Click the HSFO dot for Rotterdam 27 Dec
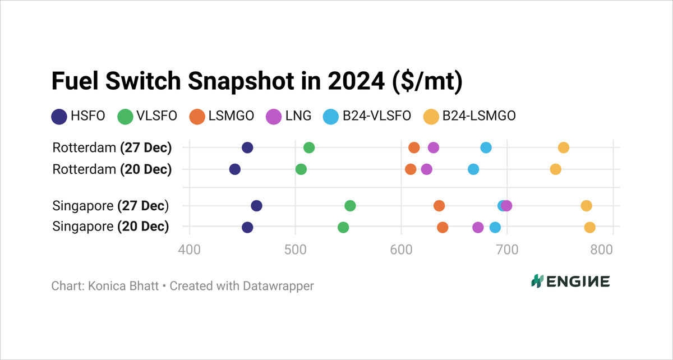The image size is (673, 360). click(x=247, y=147)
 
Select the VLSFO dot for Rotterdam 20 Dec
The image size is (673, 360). click(x=301, y=169)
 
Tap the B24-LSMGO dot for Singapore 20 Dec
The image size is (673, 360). click(x=589, y=227)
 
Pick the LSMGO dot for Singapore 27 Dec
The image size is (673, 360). click(x=439, y=206)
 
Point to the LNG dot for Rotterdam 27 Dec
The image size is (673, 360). click(x=433, y=147)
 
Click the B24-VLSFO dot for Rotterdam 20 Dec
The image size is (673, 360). click(x=473, y=169)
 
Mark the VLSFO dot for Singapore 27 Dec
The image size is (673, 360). click(x=350, y=206)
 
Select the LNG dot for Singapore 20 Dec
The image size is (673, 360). click(x=478, y=227)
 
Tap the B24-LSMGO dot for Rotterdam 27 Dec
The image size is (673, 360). click(x=564, y=147)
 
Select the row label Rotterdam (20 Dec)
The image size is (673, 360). click(x=112, y=169)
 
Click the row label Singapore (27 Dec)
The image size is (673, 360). click(x=110, y=206)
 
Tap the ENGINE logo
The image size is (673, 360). click(x=570, y=281)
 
